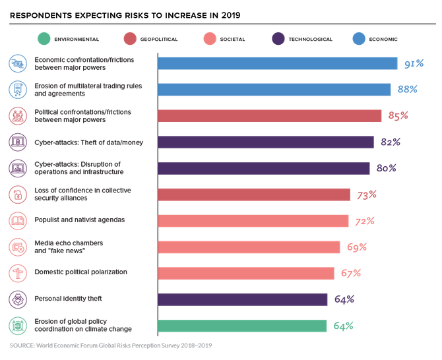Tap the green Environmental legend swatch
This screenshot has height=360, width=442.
(x=44, y=39)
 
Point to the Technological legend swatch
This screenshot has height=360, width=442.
(x=278, y=39)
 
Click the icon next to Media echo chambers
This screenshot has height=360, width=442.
(x=17, y=247)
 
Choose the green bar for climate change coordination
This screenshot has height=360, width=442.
(x=242, y=326)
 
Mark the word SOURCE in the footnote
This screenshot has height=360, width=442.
(x=22, y=345)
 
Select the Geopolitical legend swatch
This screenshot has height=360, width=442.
(x=129, y=39)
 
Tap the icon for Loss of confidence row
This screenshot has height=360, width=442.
(x=17, y=195)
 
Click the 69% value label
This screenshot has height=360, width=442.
(x=358, y=247)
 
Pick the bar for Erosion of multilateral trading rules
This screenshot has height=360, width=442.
(x=274, y=90)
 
